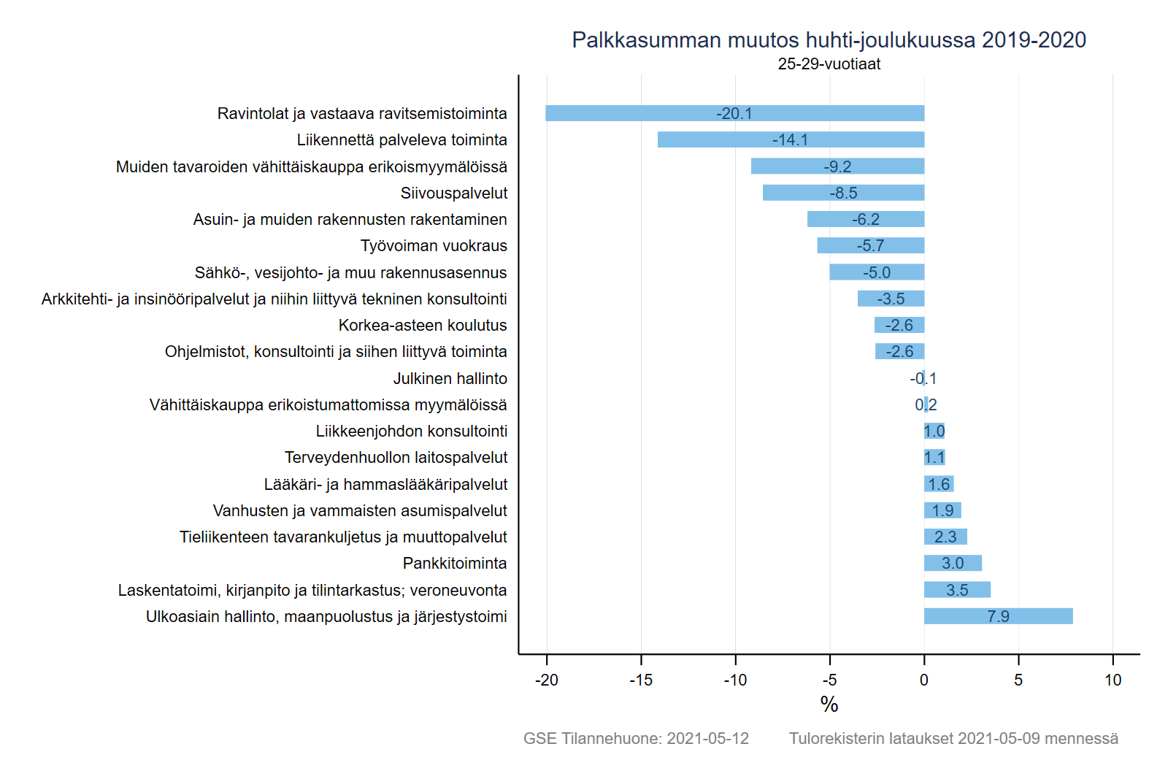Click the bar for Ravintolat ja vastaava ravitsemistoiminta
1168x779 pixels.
click(x=734, y=113)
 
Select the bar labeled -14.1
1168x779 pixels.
click(x=791, y=139)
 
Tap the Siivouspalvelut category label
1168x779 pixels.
click(x=453, y=193)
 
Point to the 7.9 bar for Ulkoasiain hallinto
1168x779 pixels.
click(x=998, y=616)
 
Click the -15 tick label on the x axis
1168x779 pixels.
click(x=641, y=680)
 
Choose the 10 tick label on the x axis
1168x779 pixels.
click(x=1113, y=680)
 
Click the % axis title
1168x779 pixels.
click(x=829, y=705)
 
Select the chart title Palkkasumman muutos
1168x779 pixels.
click(x=829, y=40)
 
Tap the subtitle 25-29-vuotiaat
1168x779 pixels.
click(x=829, y=64)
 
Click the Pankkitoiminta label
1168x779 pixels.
click(x=455, y=564)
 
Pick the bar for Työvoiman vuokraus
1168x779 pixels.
click(x=870, y=245)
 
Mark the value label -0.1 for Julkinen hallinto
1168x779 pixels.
click(x=923, y=378)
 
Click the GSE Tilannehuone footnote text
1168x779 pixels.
click(x=636, y=739)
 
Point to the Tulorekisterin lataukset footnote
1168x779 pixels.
click(x=953, y=739)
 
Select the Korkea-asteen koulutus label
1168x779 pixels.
click(x=423, y=325)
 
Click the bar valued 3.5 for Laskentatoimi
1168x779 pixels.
click(x=957, y=590)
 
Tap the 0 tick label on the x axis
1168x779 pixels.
click(x=924, y=680)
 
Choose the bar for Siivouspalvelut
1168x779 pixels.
click(x=843, y=193)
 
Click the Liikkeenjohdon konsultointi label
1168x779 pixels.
click(x=411, y=431)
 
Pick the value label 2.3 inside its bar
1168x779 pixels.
click(x=945, y=537)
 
